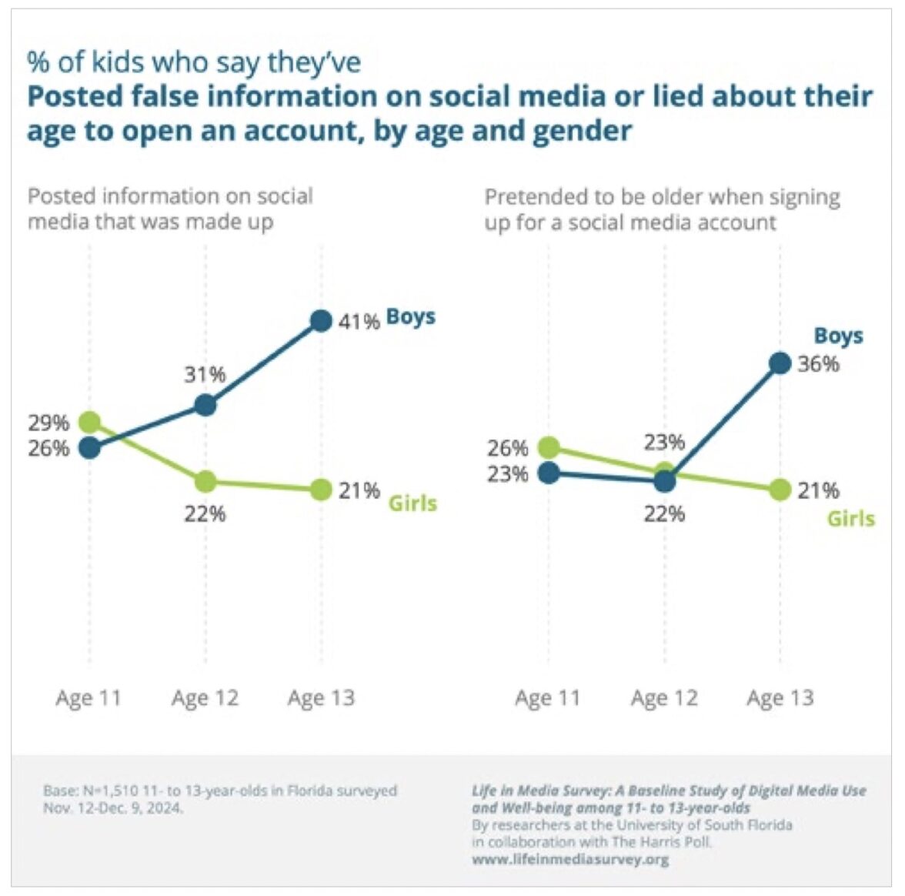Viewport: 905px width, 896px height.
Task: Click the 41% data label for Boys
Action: click(359, 322)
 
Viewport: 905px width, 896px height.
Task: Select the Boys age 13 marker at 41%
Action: click(321, 320)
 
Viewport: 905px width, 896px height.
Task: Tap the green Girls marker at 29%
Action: click(90, 422)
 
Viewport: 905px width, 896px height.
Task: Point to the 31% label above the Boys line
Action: click(205, 375)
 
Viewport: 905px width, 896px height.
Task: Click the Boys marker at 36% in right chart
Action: click(780, 363)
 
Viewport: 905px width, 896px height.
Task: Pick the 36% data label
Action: click(818, 364)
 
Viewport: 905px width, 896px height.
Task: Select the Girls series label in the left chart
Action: click(412, 503)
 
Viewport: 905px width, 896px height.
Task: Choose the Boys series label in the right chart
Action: click(839, 336)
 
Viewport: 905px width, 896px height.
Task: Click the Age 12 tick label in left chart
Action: click(205, 698)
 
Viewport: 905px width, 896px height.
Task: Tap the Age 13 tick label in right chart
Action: click(780, 698)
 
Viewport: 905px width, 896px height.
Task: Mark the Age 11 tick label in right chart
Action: click(548, 698)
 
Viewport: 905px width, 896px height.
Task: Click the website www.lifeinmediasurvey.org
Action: click(570, 859)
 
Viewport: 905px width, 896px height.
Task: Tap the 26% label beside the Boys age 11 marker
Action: click(48, 448)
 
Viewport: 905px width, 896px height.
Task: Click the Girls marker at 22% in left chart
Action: click(205, 482)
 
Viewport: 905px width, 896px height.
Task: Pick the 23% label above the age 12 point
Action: click(664, 443)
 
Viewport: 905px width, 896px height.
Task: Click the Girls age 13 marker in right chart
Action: click(780, 490)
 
